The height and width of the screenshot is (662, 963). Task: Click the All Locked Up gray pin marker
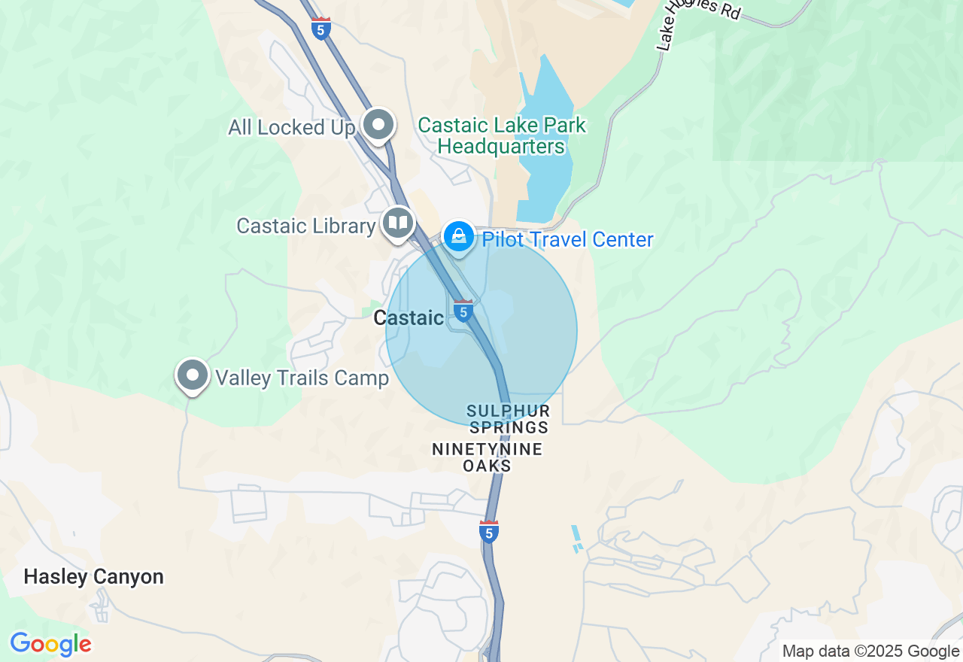[x=378, y=125]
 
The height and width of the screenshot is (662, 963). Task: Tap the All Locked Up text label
[x=291, y=128]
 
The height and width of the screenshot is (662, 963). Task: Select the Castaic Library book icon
[x=398, y=222]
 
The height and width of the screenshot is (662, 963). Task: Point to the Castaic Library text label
[x=305, y=226]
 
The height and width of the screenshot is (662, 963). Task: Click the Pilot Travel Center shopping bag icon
[x=458, y=237]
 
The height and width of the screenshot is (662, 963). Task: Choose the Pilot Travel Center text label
[x=567, y=240]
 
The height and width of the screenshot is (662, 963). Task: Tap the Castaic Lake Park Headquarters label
[x=501, y=135]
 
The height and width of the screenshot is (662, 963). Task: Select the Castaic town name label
[x=409, y=318]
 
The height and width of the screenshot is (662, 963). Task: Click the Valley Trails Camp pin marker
[x=193, y=374]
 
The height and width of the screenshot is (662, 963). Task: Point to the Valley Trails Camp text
[x=302, y=378]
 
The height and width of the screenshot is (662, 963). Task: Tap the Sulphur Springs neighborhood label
[x=509, y=420]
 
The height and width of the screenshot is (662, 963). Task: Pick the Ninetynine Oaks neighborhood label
[x=487, y=457]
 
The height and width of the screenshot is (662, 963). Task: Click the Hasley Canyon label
[x=93, y=577]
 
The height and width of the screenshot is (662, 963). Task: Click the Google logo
[x=50, y=644]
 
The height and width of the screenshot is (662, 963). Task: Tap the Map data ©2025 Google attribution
[x=870, y=651]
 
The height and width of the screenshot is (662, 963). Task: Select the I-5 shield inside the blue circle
[x=463, y=311]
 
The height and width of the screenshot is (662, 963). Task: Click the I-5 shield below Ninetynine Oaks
[x=489, y=531]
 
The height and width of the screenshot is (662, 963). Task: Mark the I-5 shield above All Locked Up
[x=321, y=28]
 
